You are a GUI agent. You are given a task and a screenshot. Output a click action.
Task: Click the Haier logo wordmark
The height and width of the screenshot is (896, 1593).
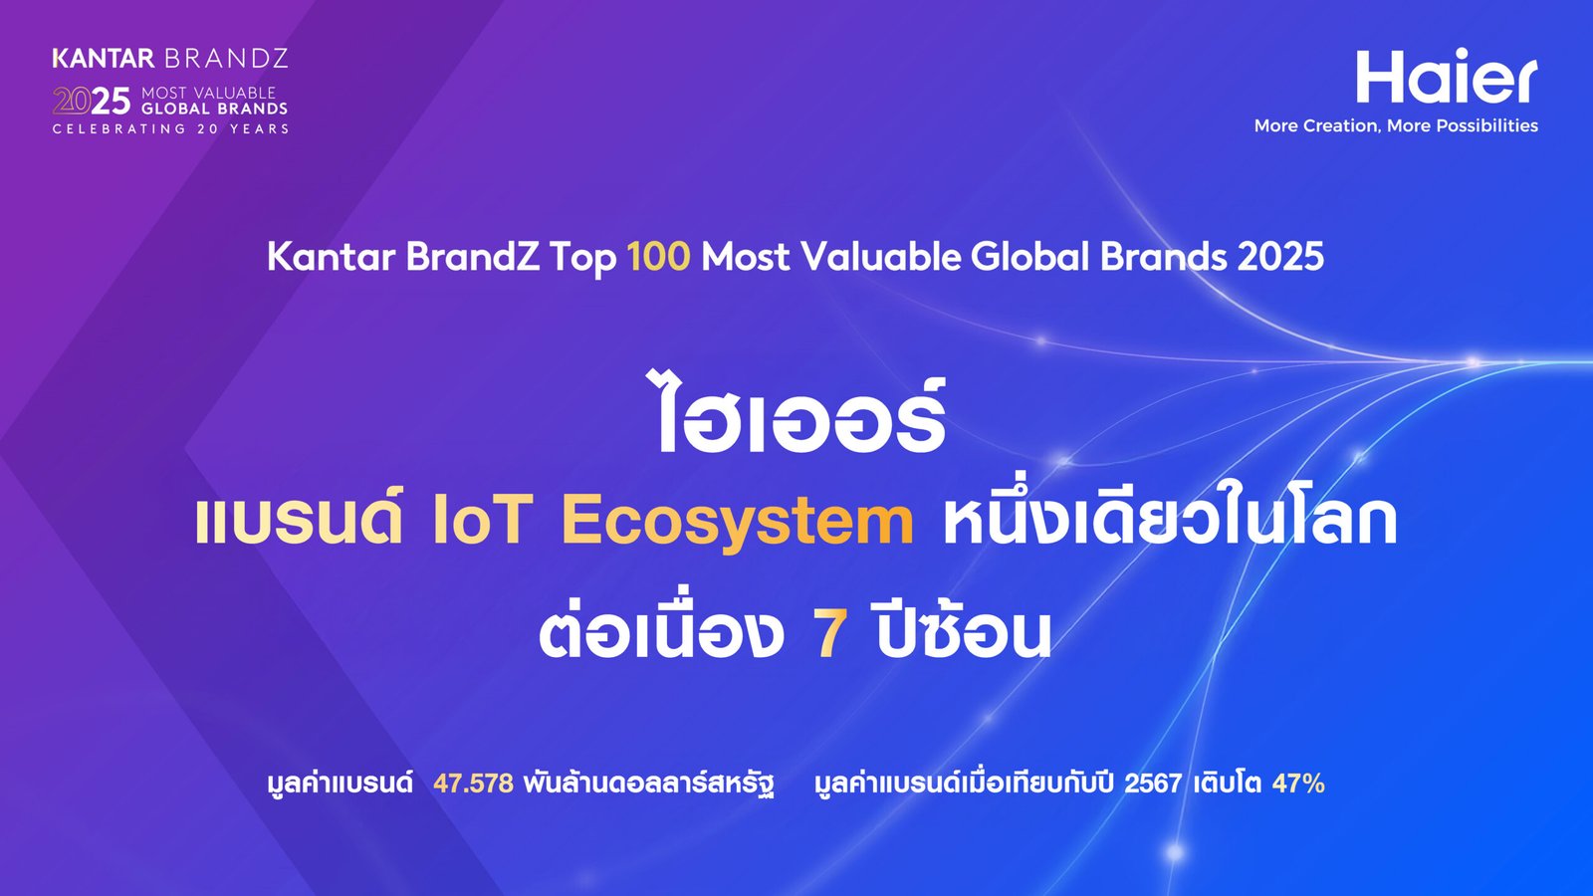(x=1447, y=76)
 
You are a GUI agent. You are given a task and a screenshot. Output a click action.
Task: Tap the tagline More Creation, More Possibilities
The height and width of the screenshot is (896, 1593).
(x=1396, y=125)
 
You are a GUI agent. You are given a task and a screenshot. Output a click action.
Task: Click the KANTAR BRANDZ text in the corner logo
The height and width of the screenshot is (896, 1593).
(x=170, y=59)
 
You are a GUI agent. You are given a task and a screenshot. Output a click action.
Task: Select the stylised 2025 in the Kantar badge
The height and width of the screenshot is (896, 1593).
(x=92, y=101)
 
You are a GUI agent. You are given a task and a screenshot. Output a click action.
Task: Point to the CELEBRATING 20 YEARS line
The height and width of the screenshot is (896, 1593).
(x=170, y=128)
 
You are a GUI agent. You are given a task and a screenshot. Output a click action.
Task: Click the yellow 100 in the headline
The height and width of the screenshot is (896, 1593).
(x=658, y=256)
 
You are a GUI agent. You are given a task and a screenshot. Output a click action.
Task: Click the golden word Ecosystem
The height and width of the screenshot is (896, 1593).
(x=738, y=523)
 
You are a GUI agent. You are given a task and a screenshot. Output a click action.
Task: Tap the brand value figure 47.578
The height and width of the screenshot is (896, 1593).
(x=473, y=783)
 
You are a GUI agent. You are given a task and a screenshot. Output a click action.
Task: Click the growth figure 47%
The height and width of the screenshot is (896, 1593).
(x=1298, y=783)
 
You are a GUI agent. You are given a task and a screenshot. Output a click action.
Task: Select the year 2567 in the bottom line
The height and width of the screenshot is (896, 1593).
(x=1153, y=783)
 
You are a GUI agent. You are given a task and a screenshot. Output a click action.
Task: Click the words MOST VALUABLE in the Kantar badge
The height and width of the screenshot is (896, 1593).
(x=208, y=93)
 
